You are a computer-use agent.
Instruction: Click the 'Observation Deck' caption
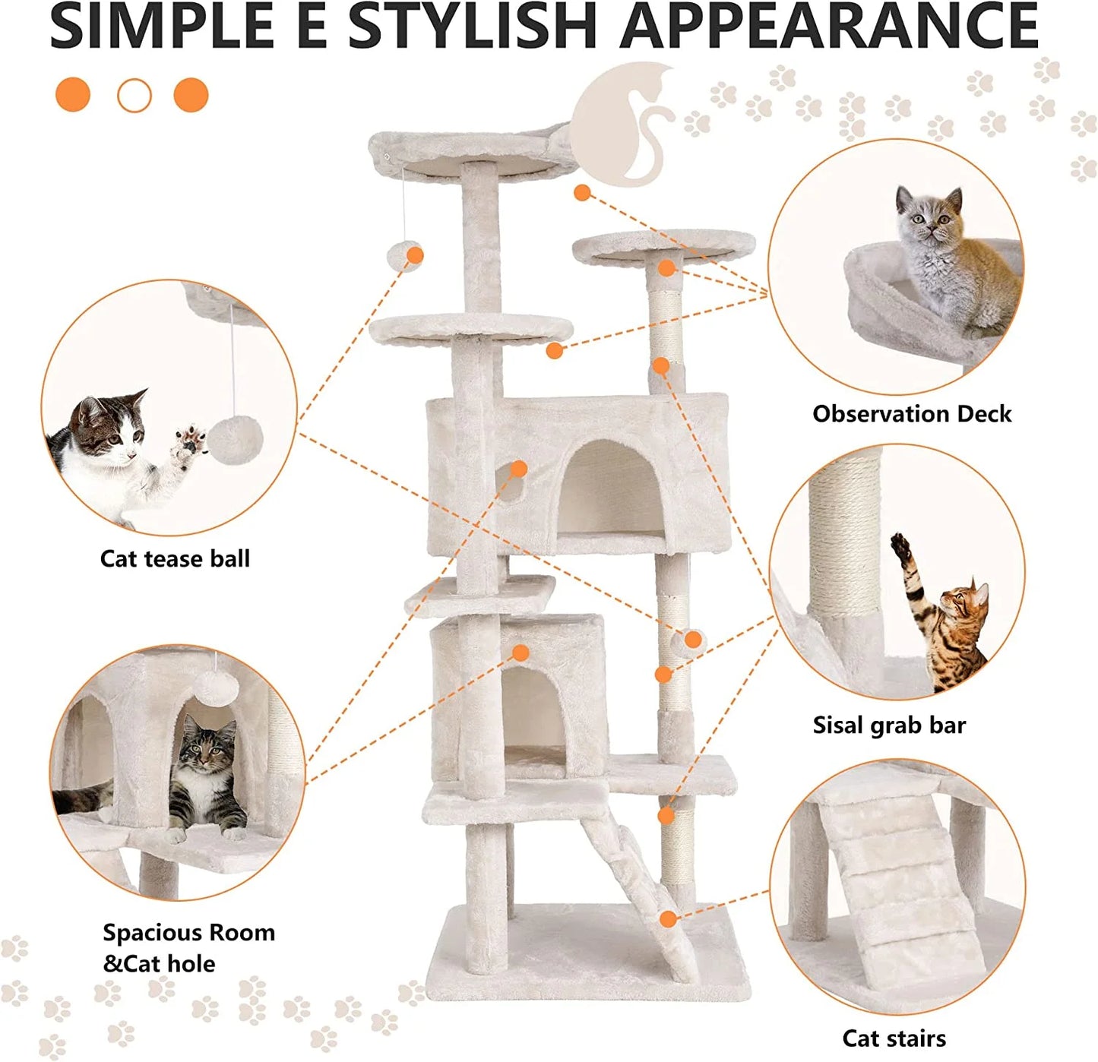tap(912, 414)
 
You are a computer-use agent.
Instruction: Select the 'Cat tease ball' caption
tap(175, 559)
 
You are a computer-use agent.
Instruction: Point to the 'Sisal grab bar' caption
tap(889, 725)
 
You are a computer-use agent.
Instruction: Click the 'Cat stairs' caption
tap(894, 1038)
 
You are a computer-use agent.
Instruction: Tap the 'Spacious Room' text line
tap(189, 933)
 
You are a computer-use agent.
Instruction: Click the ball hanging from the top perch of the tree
tap(405, 256)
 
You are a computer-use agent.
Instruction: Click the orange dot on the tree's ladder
tap(668, 919)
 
